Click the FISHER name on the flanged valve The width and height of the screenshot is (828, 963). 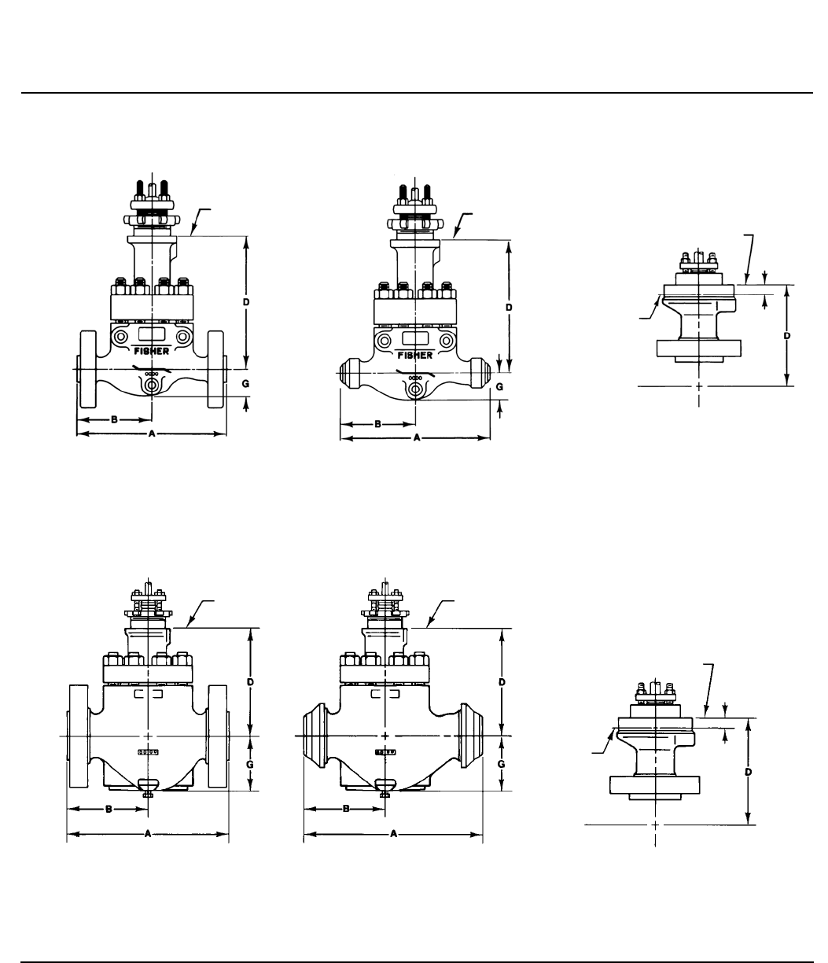[151, 351]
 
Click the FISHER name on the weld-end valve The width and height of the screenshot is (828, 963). [415, 356]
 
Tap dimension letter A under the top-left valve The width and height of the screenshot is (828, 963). [152, 434]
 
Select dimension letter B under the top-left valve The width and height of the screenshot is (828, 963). [114, 420]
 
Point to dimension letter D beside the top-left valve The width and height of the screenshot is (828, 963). [246, 302]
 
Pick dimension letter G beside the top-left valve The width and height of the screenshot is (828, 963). [245, 384]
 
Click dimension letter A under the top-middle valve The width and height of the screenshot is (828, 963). [417, 438]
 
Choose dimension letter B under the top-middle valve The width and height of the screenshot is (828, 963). [378, 424]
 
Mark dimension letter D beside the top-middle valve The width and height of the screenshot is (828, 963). [509, 308]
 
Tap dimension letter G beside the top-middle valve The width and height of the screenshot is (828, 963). [499, 386]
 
